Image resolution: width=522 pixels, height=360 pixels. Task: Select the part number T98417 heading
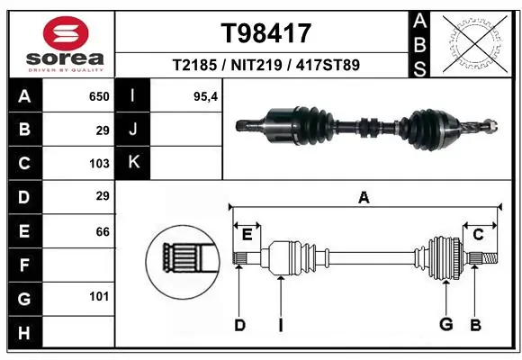265,33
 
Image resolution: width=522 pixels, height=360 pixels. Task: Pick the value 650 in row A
99,96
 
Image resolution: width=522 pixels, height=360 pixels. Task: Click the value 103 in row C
99,163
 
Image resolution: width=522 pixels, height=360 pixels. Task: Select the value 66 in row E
102,231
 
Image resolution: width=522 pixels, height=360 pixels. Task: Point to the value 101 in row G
99,296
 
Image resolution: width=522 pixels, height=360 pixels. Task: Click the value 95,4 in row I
206,96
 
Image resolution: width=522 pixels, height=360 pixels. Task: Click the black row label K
132,163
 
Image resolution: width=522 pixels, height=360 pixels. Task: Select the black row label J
132,130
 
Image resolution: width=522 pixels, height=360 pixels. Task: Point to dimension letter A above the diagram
364,197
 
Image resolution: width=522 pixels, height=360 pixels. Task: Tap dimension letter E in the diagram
247,235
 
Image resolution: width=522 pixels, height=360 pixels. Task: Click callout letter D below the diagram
239,325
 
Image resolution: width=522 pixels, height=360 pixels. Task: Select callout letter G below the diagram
445,325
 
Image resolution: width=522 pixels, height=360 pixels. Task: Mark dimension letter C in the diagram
479,235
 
